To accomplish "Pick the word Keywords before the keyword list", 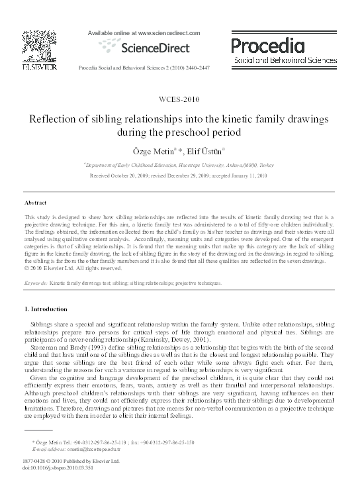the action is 34,282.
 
